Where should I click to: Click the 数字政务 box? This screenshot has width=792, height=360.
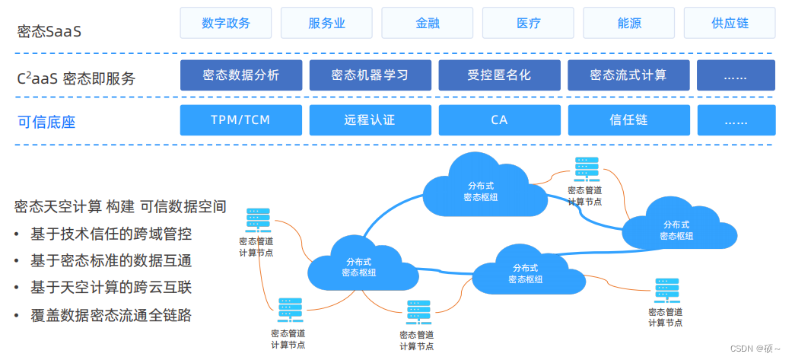(226, 23)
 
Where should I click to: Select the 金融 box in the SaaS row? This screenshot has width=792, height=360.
(427, 23)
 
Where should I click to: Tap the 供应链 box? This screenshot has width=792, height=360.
(729, 23)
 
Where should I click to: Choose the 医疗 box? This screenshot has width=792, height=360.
(528, 23)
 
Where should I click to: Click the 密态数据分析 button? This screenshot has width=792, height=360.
(240, 75)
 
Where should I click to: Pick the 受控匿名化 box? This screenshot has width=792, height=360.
(499, 75)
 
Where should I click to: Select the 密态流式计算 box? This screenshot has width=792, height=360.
(628, 75)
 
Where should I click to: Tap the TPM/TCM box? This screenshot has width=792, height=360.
(240, 120)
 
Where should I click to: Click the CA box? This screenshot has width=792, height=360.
(499, 120)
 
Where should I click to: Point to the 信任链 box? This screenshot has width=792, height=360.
(628, 120)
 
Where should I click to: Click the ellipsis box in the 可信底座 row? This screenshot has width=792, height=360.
(736, 120)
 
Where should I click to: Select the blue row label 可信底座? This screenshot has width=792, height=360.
(46, 122)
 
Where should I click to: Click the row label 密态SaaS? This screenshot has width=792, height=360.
(49, 32)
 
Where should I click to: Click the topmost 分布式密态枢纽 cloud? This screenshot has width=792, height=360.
(482, 190)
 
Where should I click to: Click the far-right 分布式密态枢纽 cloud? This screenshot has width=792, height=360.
(676, 229)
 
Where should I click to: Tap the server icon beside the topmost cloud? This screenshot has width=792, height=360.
(586, 169)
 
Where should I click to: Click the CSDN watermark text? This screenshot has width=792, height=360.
(755, 348)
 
